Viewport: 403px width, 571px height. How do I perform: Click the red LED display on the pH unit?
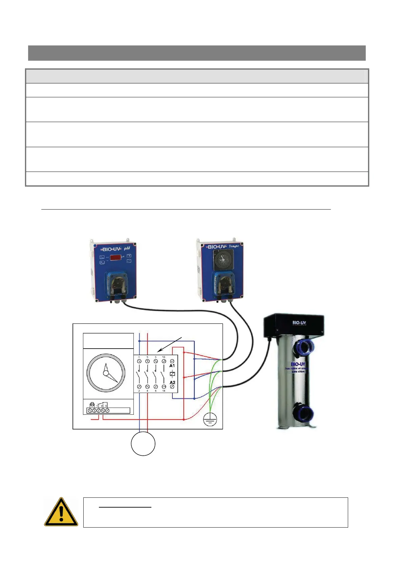(115, 257)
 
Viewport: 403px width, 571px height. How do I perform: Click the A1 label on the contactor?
(172, 366)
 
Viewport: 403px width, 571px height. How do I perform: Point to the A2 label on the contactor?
(172, 382)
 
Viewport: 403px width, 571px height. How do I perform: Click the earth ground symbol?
(210, 420)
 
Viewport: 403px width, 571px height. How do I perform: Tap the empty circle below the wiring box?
(143, 444)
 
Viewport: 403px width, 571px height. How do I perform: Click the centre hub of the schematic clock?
(106, 373)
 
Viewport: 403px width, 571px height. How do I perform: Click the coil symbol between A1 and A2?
(172, 374)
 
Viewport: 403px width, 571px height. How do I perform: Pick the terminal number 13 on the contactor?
(164, 357)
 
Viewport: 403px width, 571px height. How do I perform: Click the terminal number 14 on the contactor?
(164, 391)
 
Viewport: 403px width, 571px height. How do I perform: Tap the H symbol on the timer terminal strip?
(92, 405)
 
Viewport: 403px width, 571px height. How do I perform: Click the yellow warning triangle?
(61, 512)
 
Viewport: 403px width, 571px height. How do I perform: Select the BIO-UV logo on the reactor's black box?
(299, 322)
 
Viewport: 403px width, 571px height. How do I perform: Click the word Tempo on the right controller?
(234, 246)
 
